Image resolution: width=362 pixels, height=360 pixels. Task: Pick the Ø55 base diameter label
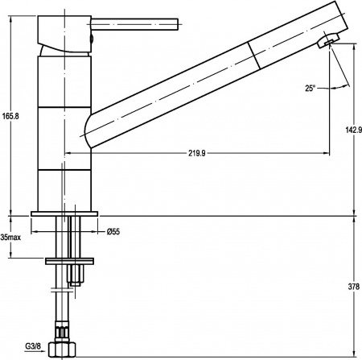pyautogui.click(x=113, y=233)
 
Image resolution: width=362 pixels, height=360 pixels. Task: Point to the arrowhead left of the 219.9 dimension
pyautogui.click(x=68, y=151)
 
